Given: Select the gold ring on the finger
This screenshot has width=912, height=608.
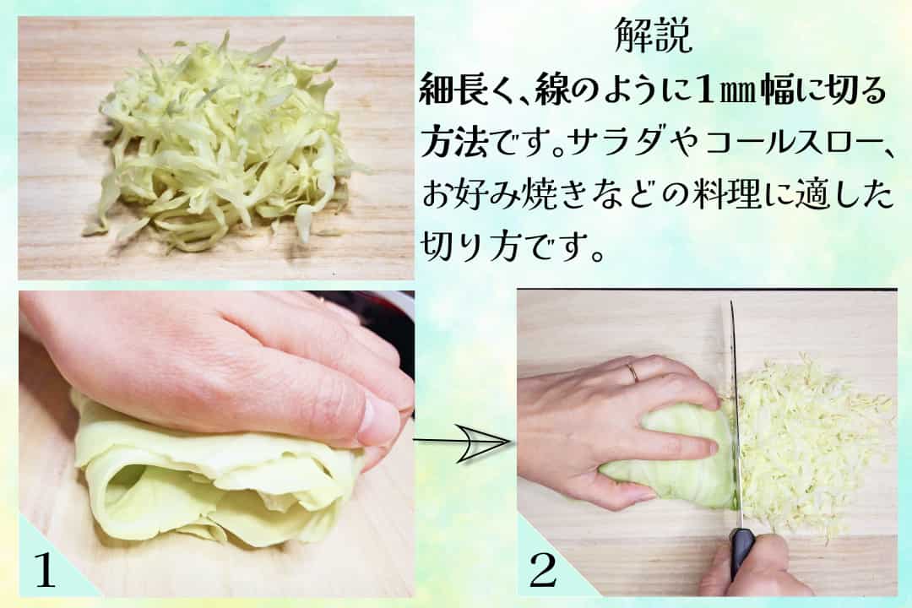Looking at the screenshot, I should (x=632, y=372).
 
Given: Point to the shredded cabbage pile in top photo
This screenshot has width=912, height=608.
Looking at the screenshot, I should (x=224, y=144).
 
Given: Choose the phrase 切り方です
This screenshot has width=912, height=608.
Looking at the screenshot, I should (x=511, y=247).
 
